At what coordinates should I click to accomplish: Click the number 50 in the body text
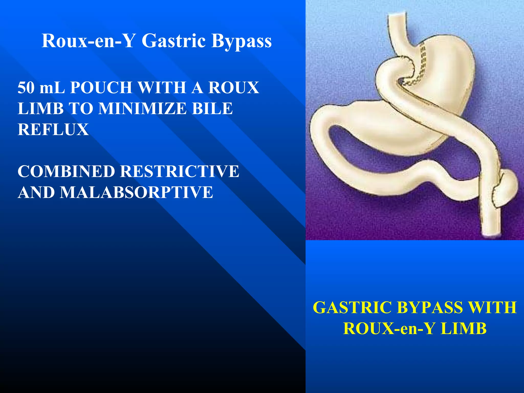(26, 88)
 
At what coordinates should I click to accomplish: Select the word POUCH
(101, 88)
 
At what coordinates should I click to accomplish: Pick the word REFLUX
(53, 129)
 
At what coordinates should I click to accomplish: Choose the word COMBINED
(66, 171)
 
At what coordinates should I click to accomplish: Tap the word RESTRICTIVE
(180, 171)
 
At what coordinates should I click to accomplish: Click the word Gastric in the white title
(174, 41)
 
